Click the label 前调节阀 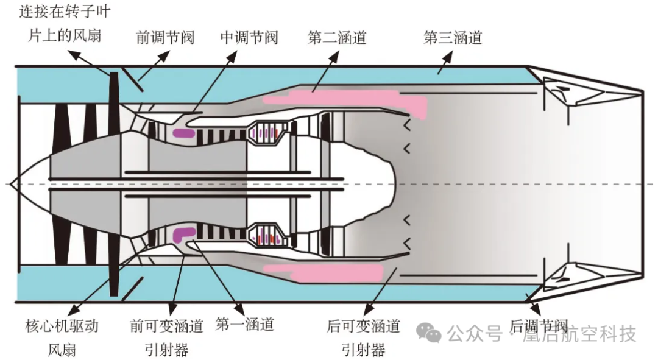(x=164, y=38)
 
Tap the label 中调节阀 (x=249, y=38)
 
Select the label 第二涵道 (x=336, y=38)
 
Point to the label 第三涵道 (x=452, y=38)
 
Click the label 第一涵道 (x=245, y=324)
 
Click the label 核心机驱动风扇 (x=62, y=337)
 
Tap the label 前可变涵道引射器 (x=166, y=337)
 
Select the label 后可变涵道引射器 (x=363, y=337)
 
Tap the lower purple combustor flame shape (x=184, y=232)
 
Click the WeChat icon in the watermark (x=432, y=333)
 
